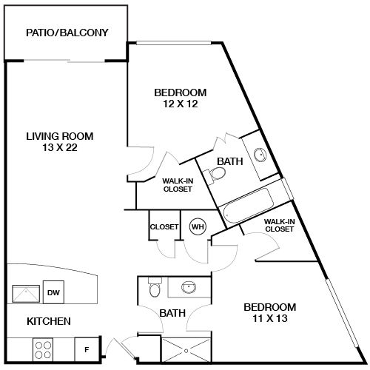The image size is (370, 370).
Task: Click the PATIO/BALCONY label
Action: point(67,33)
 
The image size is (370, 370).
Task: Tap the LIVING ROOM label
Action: point(59,135)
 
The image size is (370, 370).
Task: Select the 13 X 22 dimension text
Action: point(59,147)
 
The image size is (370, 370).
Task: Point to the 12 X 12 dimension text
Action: point(180,104)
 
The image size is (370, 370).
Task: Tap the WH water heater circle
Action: point(198,226)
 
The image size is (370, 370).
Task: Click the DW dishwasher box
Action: point(53,293)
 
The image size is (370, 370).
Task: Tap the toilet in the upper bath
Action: point(216,174)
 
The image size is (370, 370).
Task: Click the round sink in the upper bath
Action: point(260,155)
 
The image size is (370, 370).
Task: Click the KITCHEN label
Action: point(49,321)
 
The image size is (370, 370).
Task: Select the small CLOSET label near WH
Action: point(164,226)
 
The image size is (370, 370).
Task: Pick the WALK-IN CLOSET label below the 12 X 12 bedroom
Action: point(177,185)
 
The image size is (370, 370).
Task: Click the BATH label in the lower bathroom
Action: point(172,314)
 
